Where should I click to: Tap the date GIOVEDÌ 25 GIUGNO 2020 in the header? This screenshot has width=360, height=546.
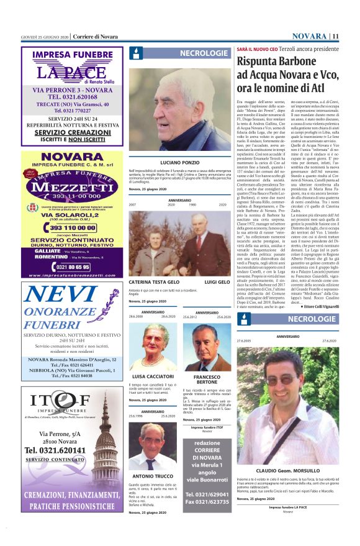(x=44, y=36)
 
